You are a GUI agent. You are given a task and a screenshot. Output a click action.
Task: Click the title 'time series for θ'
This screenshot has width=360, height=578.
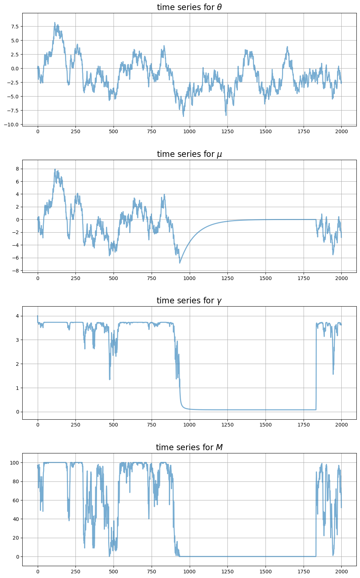(189, 7)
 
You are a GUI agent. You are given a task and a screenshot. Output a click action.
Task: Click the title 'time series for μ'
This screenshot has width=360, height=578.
(189, 154)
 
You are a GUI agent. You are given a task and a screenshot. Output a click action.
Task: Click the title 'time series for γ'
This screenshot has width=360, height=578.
(189, 300)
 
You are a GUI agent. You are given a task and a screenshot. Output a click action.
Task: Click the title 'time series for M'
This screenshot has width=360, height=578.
(189, 447)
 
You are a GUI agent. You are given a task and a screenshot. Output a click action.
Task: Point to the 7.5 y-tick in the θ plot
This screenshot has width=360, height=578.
(15, 27)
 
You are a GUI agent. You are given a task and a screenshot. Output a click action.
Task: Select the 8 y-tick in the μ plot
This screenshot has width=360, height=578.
(17, 169)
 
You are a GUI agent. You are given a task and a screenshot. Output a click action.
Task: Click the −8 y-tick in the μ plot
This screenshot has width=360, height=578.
(15, 270)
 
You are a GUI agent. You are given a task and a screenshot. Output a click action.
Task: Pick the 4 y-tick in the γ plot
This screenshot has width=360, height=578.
(17, 316)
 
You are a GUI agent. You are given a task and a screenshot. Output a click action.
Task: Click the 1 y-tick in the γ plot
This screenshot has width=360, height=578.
(17, 388)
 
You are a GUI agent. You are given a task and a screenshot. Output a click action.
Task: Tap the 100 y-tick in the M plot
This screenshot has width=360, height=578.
(14, 463)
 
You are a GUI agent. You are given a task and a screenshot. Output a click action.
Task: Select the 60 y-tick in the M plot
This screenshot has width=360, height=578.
(15, 500)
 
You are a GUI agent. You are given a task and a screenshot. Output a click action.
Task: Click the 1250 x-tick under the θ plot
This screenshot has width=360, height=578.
(227, 131)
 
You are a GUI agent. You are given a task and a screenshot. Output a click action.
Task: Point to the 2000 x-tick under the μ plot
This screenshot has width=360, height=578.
(341, 278)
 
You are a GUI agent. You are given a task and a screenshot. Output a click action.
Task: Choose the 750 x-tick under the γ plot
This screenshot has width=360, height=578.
(152, 425)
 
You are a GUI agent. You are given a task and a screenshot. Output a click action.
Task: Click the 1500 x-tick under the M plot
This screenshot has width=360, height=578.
(266, 571)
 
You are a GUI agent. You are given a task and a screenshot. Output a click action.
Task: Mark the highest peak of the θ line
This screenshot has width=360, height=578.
(55, 22)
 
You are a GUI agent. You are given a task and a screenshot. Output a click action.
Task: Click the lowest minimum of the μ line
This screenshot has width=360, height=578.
(180, 263)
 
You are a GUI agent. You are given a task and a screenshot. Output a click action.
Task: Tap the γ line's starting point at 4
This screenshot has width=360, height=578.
(38, 316)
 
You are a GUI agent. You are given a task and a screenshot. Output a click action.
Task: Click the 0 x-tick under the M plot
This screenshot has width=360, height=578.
(38, 571)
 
